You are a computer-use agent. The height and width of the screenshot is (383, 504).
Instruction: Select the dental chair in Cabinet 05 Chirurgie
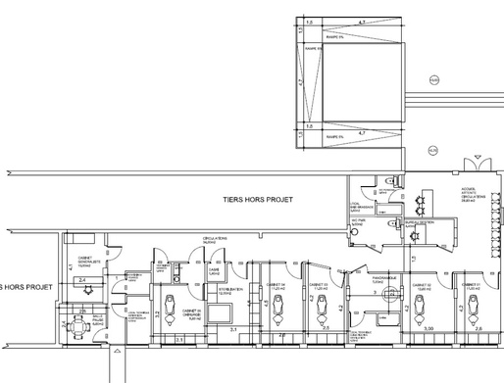(x=174, y=304)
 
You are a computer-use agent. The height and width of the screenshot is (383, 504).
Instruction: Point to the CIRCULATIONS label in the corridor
(x=216, y=240)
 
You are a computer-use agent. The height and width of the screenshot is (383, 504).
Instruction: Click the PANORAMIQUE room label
(x=382, y=278)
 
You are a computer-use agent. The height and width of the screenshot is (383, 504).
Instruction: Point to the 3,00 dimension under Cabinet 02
(x=428, y=329)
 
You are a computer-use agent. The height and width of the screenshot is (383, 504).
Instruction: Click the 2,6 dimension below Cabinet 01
(x=479, y=329)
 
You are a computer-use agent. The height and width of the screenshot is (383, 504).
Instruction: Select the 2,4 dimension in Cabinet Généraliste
(x=84, y=280)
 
